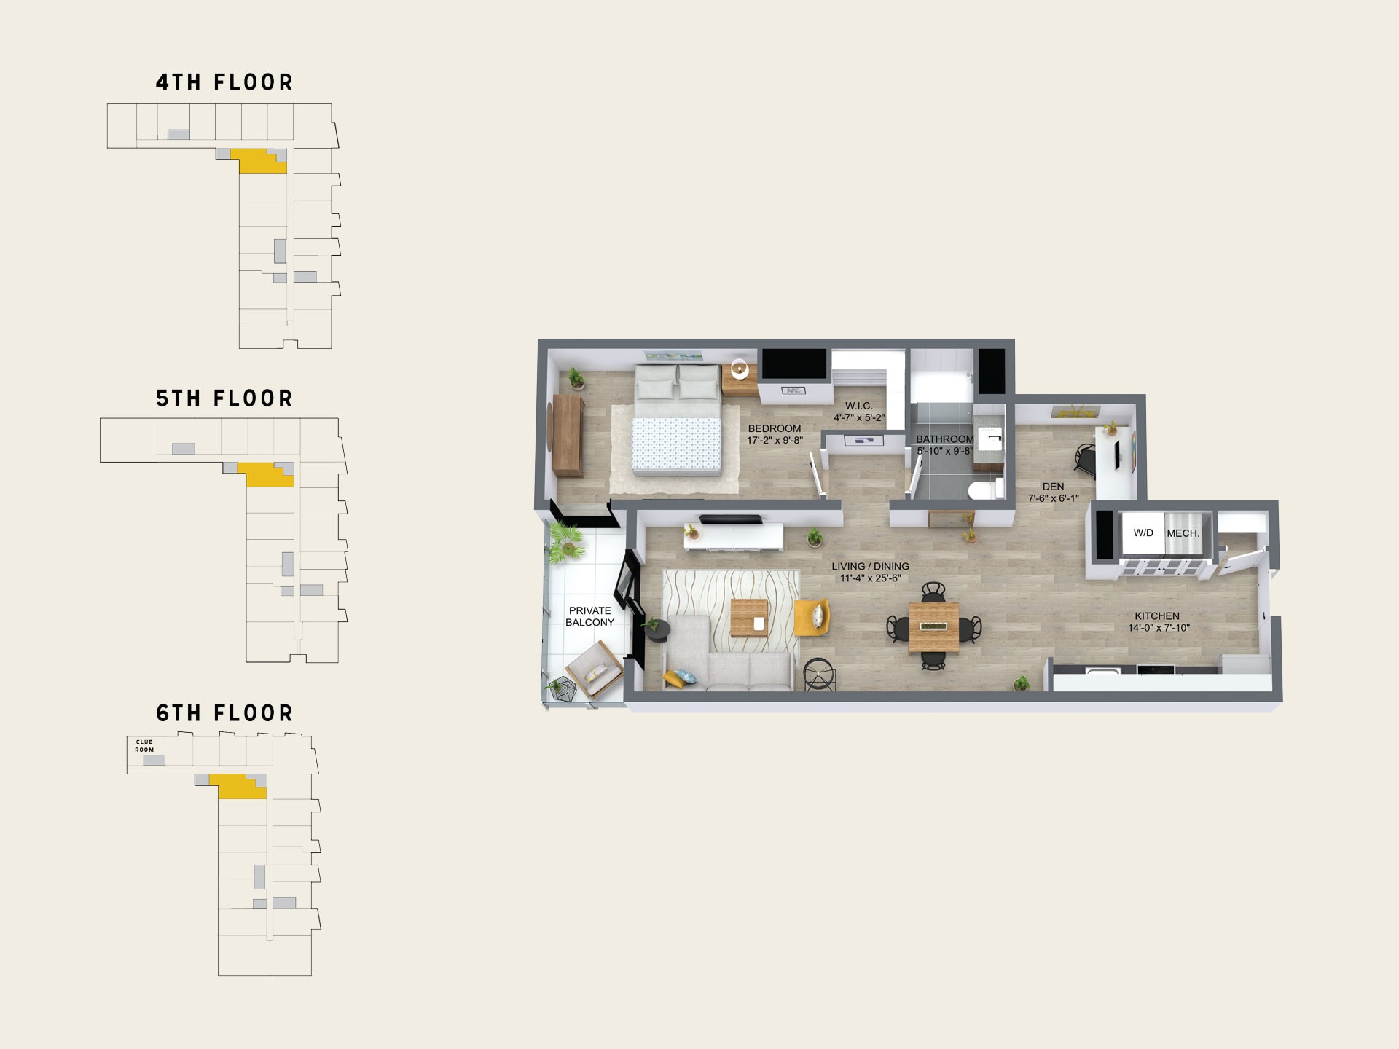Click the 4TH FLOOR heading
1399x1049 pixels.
[224, 82]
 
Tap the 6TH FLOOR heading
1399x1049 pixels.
[224, 713]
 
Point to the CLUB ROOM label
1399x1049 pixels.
[144, 746]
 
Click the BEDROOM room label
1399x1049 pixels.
[775, 428]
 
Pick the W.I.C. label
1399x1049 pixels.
[858, 406]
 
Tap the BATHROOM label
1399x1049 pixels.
[944, 439]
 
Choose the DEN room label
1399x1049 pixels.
[1053, 487]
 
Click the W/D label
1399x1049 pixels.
[1143, 533]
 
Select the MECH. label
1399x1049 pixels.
[1183, 533]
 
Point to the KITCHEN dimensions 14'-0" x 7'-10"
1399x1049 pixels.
[1159, 628]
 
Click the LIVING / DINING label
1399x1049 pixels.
[870, 566]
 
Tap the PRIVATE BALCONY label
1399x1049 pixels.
[590, 616]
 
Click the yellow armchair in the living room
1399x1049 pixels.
[812, 617]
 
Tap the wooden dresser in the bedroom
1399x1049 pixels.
[568, 435]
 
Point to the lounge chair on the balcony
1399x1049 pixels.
[594, 669]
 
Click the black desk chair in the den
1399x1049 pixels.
[1086, 458]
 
